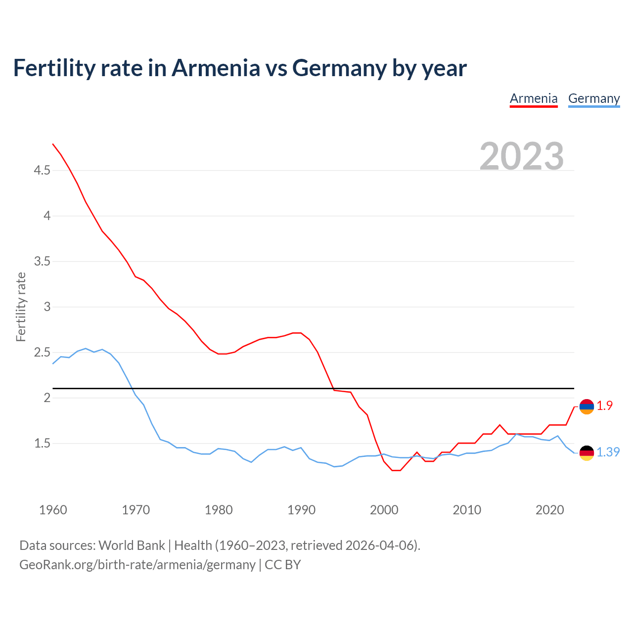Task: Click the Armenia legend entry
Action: [534, 98]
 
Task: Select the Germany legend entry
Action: [593, 98]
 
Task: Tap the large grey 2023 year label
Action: [521, 156]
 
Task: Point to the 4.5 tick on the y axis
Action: [42, 171]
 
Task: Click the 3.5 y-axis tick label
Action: [42, 262]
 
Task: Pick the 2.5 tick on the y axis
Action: [42, 353]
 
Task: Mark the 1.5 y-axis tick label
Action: [42, 444]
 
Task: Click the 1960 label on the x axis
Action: [53, 510]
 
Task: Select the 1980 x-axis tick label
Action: [219, 510]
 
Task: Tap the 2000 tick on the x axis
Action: [384, 510]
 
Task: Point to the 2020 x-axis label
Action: [549, 510]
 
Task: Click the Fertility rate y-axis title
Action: [21, 307]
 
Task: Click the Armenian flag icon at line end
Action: [587, 407]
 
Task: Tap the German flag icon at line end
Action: [587, 452]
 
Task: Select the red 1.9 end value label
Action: [604, 406]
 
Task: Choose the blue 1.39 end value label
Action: [608, 452]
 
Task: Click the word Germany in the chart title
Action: [339, 68]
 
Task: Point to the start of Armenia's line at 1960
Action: [53, 144]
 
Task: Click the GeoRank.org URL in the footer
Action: [137, 565]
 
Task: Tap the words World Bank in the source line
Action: [132, 545]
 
